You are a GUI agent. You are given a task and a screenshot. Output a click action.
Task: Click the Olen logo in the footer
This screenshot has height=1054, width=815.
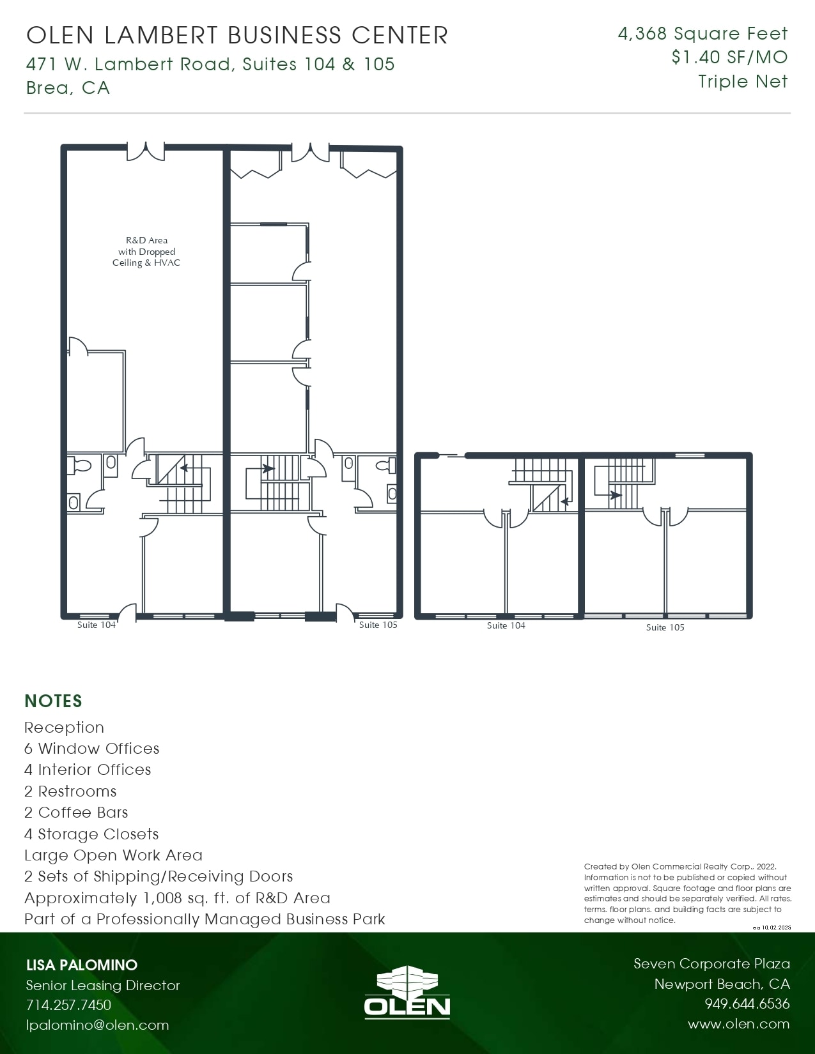pyautogui.click(x=407, y=991)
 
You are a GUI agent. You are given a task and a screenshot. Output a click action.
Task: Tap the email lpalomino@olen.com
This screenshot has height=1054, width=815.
pyautogui.click(x=97, y=1025)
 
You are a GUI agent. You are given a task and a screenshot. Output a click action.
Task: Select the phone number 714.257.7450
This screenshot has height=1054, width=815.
pyautogui.click(x=68, y=1005)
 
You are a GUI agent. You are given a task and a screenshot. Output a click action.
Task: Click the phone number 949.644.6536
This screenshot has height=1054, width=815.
pyautogui.click(x=747, y=1004)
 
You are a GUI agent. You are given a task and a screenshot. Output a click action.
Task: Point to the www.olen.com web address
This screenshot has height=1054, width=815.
pyautogui.click(x=738, y=1024)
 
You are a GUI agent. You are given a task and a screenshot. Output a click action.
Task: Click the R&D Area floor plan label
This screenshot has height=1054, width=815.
pyautogui.click(x=146, y=252)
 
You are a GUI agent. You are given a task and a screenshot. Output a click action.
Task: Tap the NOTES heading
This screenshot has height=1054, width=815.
pyautogui.click(x=53, y=701)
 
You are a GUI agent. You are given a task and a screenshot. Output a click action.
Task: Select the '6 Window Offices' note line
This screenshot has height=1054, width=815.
pyautogui.click(x=91, y=749)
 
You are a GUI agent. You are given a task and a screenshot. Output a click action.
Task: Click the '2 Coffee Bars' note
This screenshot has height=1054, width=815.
pyautogui.click(x=76, y=813)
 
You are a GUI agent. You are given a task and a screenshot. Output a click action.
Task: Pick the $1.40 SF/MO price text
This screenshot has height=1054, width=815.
pyautogui.click(x=729, y=57)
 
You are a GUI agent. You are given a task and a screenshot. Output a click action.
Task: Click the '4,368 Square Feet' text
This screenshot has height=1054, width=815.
pyautogui.click(x=702, y=34)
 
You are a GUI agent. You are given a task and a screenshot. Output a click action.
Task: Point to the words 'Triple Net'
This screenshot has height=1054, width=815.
pyautogui.click(x=743, y=82)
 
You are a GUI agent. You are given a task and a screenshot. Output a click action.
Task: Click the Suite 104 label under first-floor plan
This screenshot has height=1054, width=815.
pyautogui.click(x=97, y=625)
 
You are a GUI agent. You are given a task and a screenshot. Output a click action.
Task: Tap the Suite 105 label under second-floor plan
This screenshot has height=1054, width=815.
pyautogui.click(x=665, y=627)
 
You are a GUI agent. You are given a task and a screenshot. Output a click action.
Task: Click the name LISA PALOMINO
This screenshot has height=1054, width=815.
pyautogui.click(x=81, y=965)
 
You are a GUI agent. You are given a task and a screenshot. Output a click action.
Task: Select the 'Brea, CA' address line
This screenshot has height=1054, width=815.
pyautogui.click(x=68, y=88)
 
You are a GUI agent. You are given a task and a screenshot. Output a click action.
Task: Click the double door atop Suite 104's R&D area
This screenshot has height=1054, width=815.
pyautogui.click(x=146, y=151)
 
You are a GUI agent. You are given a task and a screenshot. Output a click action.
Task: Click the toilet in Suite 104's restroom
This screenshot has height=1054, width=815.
pyautogui.click(x=81, y=466)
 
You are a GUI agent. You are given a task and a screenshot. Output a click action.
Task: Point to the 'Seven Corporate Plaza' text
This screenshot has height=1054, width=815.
pyautogui.click(x=711, y=963)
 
